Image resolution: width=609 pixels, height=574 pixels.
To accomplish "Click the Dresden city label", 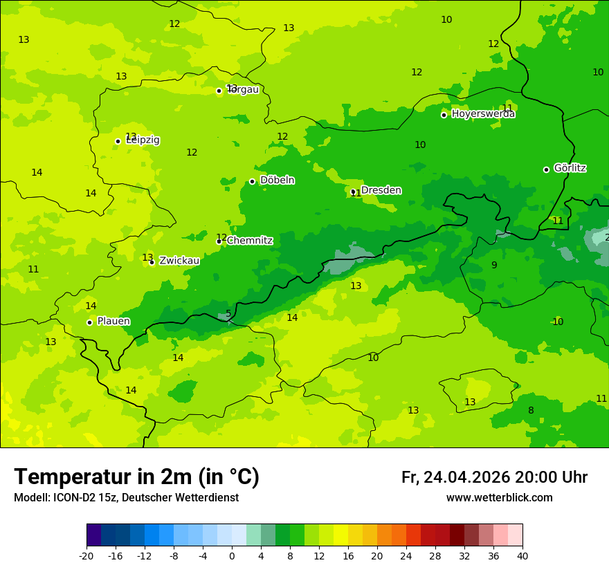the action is [381, 190].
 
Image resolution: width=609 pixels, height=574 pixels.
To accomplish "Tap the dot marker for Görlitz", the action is [546, 169].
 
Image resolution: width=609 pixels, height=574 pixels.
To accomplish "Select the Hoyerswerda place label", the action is [483, 114].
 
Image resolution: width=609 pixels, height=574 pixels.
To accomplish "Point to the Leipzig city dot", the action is [118, 141].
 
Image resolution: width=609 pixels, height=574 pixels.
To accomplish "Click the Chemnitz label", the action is [250, 241].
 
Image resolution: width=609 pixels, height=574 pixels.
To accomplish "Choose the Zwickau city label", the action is [179, 261].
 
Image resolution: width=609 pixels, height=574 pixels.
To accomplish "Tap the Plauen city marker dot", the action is [89, 322].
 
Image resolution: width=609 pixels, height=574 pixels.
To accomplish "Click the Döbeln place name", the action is [277, 180].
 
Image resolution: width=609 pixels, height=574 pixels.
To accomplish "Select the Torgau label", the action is [244, 90].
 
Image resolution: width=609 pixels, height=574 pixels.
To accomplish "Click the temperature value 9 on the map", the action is [494, 265].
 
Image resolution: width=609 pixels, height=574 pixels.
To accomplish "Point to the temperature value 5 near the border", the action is [228, 314].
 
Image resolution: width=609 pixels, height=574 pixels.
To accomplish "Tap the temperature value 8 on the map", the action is [531, 410].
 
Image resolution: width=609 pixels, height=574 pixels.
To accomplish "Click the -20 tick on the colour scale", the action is [87, 555].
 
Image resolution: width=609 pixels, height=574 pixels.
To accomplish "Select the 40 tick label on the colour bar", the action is [522, 555].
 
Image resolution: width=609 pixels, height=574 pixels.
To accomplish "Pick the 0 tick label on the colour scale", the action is [232, 555].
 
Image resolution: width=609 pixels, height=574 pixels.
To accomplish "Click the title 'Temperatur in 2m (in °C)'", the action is [136, 476].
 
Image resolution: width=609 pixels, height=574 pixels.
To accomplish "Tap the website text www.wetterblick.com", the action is [499, 498].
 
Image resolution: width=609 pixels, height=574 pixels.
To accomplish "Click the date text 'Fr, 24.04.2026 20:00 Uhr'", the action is [494, 477].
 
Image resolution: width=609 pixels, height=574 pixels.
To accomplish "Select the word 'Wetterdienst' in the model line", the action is [207, 498].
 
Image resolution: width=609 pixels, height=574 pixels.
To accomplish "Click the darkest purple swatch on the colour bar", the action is [93, 535].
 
